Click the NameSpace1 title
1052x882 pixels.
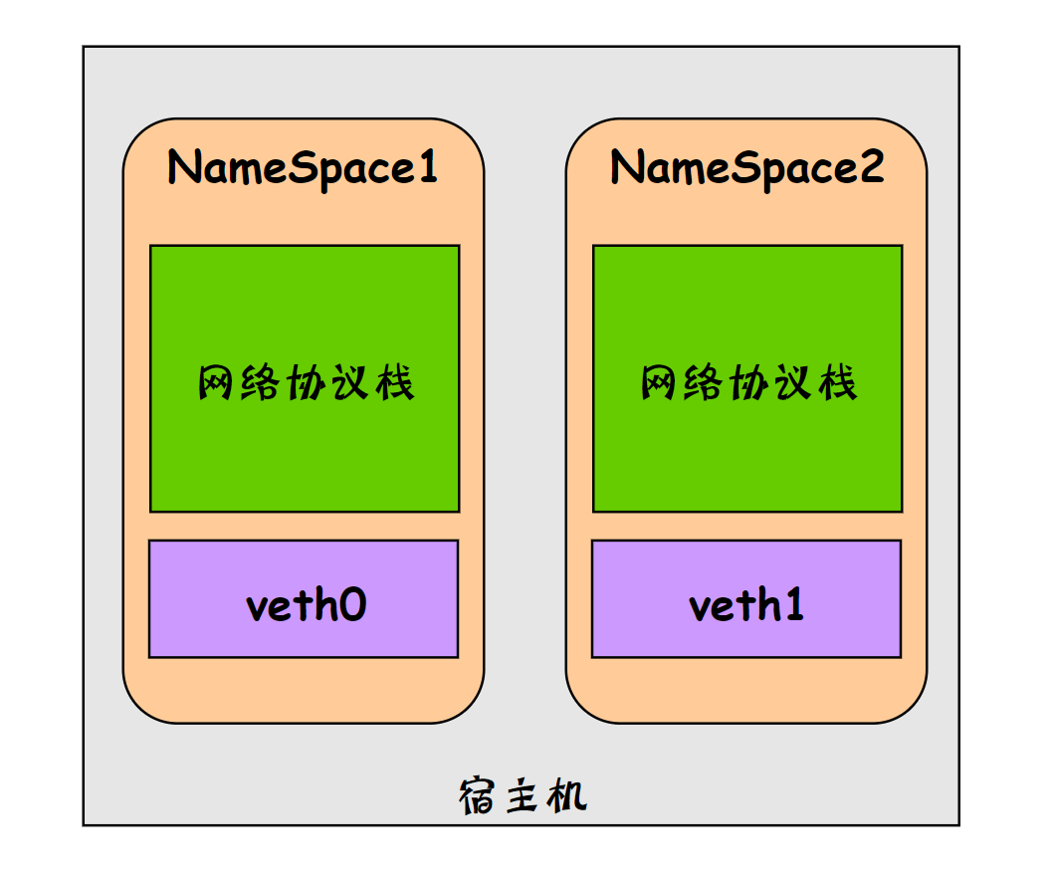pos(303,168)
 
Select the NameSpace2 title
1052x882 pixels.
pos(746,168)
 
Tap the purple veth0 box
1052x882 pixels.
pos(304,599)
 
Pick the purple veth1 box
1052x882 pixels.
pos(746,599)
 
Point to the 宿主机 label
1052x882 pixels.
pos(523,796)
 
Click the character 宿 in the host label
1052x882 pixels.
pos(478,796)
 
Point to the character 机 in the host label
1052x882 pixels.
pos(567,796)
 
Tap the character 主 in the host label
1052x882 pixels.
pos(523,796)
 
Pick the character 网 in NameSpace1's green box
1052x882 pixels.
pos(217,383)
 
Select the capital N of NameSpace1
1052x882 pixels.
pos(183,167)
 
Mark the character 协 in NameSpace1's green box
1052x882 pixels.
pos(305,383)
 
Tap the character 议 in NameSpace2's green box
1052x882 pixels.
pos(793,383)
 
